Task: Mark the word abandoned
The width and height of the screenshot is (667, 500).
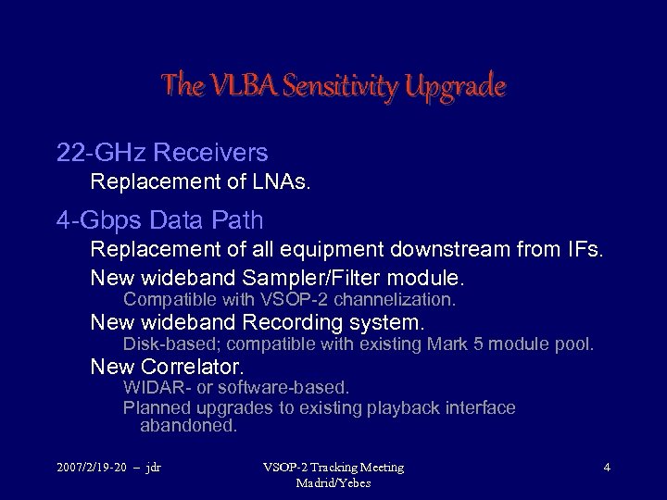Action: pos(188,426)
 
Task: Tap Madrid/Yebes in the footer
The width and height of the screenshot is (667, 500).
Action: pos(333,482)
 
